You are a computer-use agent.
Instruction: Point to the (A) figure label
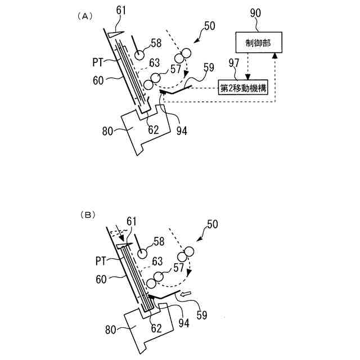(x=83, y=16)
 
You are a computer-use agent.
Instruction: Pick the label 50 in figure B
(x=213, y=225)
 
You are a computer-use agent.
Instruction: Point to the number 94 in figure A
(x=181, y=131)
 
